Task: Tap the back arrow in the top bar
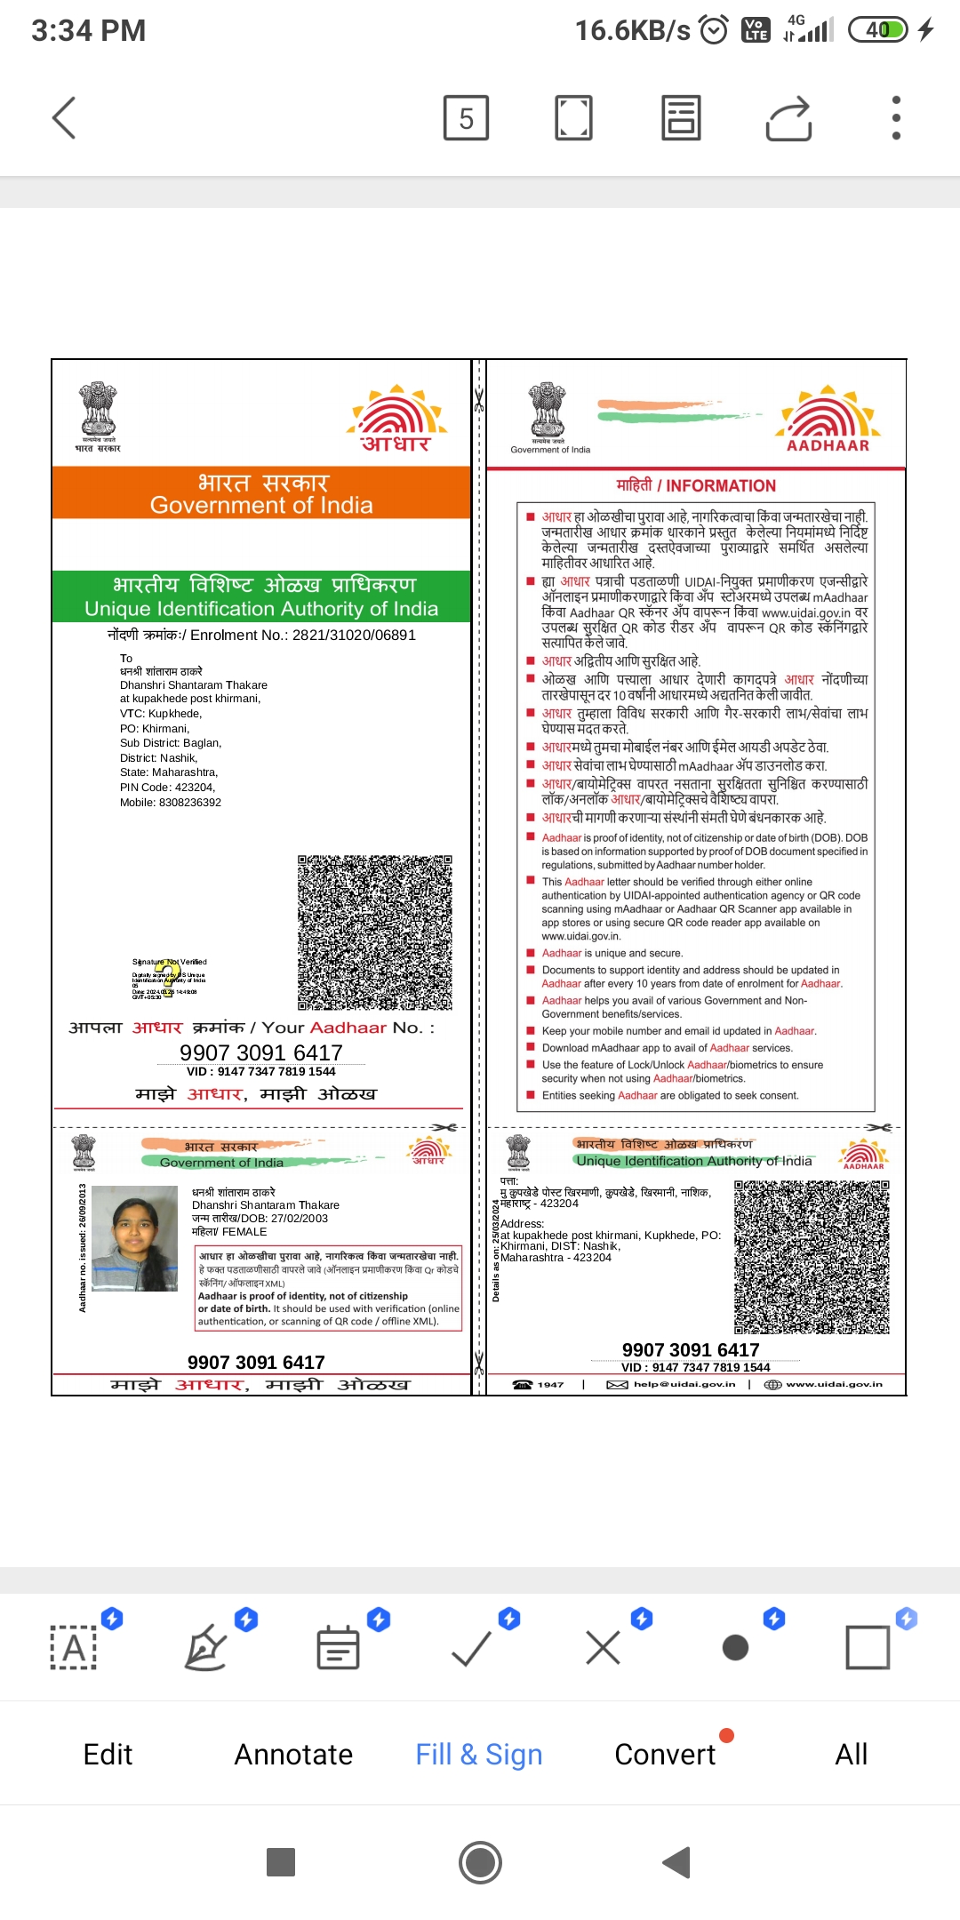(64, 117)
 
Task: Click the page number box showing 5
(466, 117)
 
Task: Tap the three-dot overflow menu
(896, 117)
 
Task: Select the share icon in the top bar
(788, 117)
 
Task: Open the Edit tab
(108, 1754)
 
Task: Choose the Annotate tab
(293, 1754)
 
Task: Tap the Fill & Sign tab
(478, 1754)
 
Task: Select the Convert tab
(665, 1754)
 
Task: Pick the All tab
(851, 1754)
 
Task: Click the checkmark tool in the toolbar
(471, 1648)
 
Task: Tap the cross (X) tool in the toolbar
(603, 1648)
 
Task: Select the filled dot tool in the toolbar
(735, 1648)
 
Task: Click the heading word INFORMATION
(721, 485)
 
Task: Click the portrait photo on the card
(135, 1238)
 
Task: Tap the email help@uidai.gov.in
(684, 1384)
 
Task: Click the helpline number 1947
(550, 1384)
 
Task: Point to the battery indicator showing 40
(878, 30)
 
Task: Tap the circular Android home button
(480, 1862)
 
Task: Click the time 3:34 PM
(88, 30)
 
